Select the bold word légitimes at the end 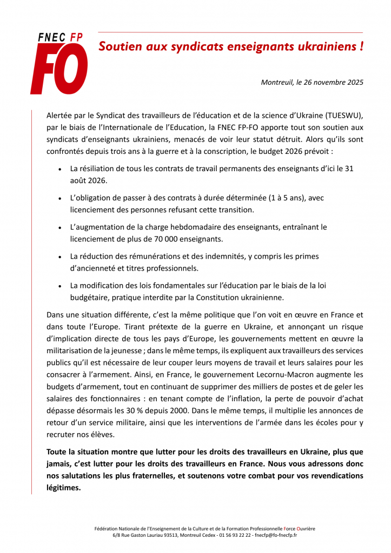64,488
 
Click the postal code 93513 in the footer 165,535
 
